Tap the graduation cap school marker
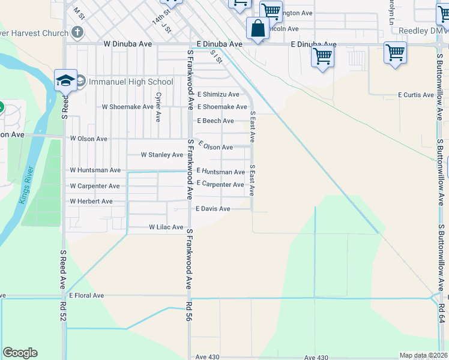click(x=65, y=80)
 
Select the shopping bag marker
click(x=258, y=28)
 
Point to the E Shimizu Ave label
click(x=218, y=94)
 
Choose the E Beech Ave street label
click(x=215, y=121)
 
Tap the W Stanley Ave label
click(x=161, y=155)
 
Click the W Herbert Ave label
click(x=91, y=201)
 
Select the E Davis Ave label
click(x=213, y=209)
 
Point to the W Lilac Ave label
click(x=166, y=227)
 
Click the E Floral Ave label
click(x=86, y=295)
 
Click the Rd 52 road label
click(x=62, y=313)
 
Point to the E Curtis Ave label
click(x=416, y=95)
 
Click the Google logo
click(x=20, y=353)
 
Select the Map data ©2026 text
click(x=423, y=355)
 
